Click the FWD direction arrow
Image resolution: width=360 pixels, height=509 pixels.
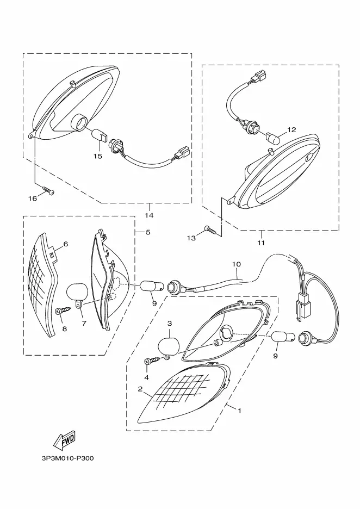coord(64,440)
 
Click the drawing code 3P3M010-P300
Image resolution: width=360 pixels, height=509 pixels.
coord(67,458)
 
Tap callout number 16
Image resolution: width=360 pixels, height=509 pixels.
coord(33,198)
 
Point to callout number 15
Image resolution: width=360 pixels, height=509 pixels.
coord(98,157)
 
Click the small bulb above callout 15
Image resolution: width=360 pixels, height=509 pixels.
coord(99,134)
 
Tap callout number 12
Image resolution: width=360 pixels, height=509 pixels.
coord(291,130)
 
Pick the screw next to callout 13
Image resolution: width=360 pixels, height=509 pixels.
coord(211,230)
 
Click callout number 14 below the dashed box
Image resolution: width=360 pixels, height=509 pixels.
coord(149,215)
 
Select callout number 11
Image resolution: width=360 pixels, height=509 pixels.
coord(262,243)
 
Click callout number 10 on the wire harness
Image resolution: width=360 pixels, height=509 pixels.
coord(237,264)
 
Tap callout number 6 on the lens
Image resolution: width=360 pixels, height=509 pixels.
coord(66,244)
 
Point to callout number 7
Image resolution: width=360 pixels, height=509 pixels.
coord(84,324)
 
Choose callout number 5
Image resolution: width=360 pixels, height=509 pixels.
coord(148,232)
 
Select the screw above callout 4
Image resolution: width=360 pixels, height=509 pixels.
coord(152,361)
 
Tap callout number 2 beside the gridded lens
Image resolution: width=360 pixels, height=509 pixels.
coord(140,389)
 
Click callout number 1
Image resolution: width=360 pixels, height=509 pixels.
coord(240,411)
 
